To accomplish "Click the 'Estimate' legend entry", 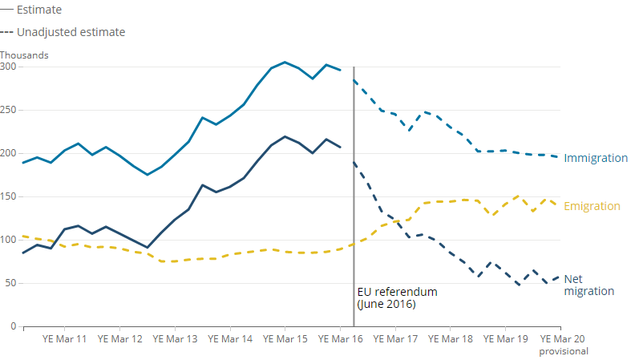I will tap(38, 10).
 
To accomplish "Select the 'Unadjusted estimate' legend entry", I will tap(71, 32).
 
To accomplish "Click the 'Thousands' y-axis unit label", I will tap(24, 55).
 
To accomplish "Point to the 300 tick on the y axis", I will tap(8, 67).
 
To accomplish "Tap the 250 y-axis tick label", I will tap(8, 110).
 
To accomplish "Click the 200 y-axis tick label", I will tap(8, 153).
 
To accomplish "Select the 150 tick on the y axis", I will tap(8, 196).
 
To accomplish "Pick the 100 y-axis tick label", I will tap(8, 240).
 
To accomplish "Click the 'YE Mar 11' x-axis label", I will tap(65, 339).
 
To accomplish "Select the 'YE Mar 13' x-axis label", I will tap(175, 339).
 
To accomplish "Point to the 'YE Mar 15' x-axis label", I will tap(285, 339).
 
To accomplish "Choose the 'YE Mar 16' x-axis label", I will tap(341, 339).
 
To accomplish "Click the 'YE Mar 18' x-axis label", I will tap(451, 339).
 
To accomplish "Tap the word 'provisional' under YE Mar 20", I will tap(563, 351).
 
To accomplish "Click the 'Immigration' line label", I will tap(596, 158).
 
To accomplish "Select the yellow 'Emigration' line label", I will tap(592, 206).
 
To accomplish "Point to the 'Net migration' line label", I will tap(588, 285).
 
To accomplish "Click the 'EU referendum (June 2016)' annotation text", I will tap(397, 298).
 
